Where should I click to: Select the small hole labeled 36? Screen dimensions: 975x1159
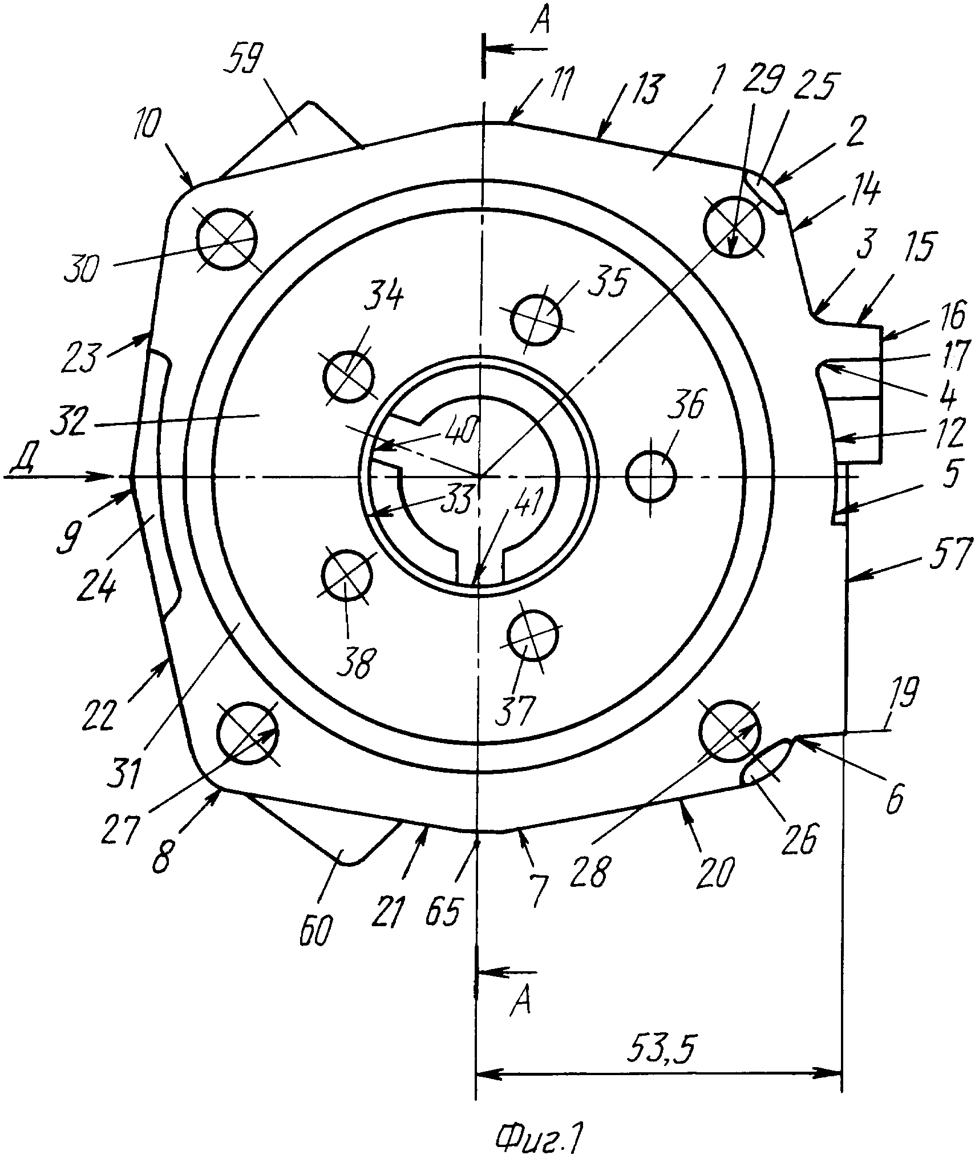pos(650,475)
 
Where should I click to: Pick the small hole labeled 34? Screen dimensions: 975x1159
pos(349,377)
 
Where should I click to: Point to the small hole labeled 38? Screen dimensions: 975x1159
pos(347,575)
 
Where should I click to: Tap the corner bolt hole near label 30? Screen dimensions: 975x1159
pos(227,240)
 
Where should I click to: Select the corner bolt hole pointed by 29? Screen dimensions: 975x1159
pos(734,227)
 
